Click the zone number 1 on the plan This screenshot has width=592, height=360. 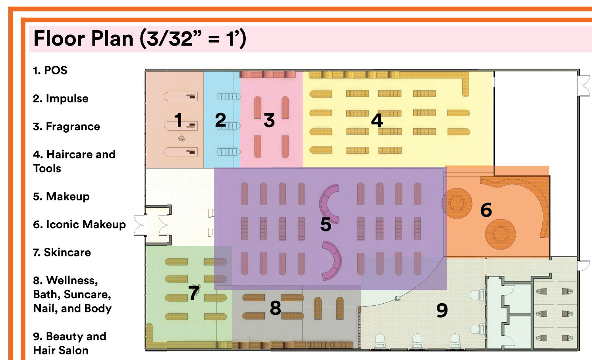click(x=178, y=120)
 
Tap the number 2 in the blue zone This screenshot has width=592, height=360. click(x=220, y=120)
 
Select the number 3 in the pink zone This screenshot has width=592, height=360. click(x=269, y=120)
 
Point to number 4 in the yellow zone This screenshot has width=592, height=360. click(x=377, y=120)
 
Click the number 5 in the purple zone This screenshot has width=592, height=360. click(x=326, y=225)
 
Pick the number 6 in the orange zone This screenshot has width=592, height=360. click(x=486, y=210)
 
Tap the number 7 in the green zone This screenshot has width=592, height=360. click(x=194, y=293)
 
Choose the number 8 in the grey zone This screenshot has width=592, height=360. click(x=276, y=308)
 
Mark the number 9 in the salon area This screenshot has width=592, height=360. click(x=442, y=310)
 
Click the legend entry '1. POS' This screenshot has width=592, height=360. click(x=50, y=71)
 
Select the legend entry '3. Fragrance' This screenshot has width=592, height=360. click(x=66, y=127)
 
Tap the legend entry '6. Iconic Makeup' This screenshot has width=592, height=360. click(x=79, y=225)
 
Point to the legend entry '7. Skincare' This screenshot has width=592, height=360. click(x=62, y=252)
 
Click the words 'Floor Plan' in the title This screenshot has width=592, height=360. click(x=83, y=39)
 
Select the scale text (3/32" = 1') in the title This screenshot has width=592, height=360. click(x=193, y=39)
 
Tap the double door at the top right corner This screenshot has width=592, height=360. click(x=584, y=86)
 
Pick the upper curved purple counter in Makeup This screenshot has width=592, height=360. click(x=329, y=203)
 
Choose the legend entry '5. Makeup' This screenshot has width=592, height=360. click(x=62, y=196)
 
